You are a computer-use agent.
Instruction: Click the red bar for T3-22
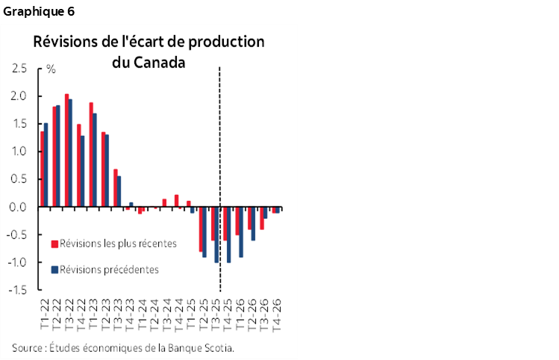pos(66,150)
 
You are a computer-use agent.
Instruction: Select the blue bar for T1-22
pos(46,165)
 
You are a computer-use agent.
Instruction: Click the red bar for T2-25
pos(200,229)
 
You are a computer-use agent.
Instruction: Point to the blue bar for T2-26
pos(253,223)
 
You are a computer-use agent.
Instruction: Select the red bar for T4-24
pos(176,201)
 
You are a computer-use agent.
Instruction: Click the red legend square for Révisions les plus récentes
pos(54,243)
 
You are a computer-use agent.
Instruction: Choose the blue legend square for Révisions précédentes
pos(54,270)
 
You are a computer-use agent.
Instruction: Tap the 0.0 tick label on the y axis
pos(19,207)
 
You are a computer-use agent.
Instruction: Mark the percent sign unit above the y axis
pos(51,69)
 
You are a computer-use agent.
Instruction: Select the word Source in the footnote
pos(27,347)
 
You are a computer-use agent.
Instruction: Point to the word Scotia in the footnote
pos(218,347)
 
